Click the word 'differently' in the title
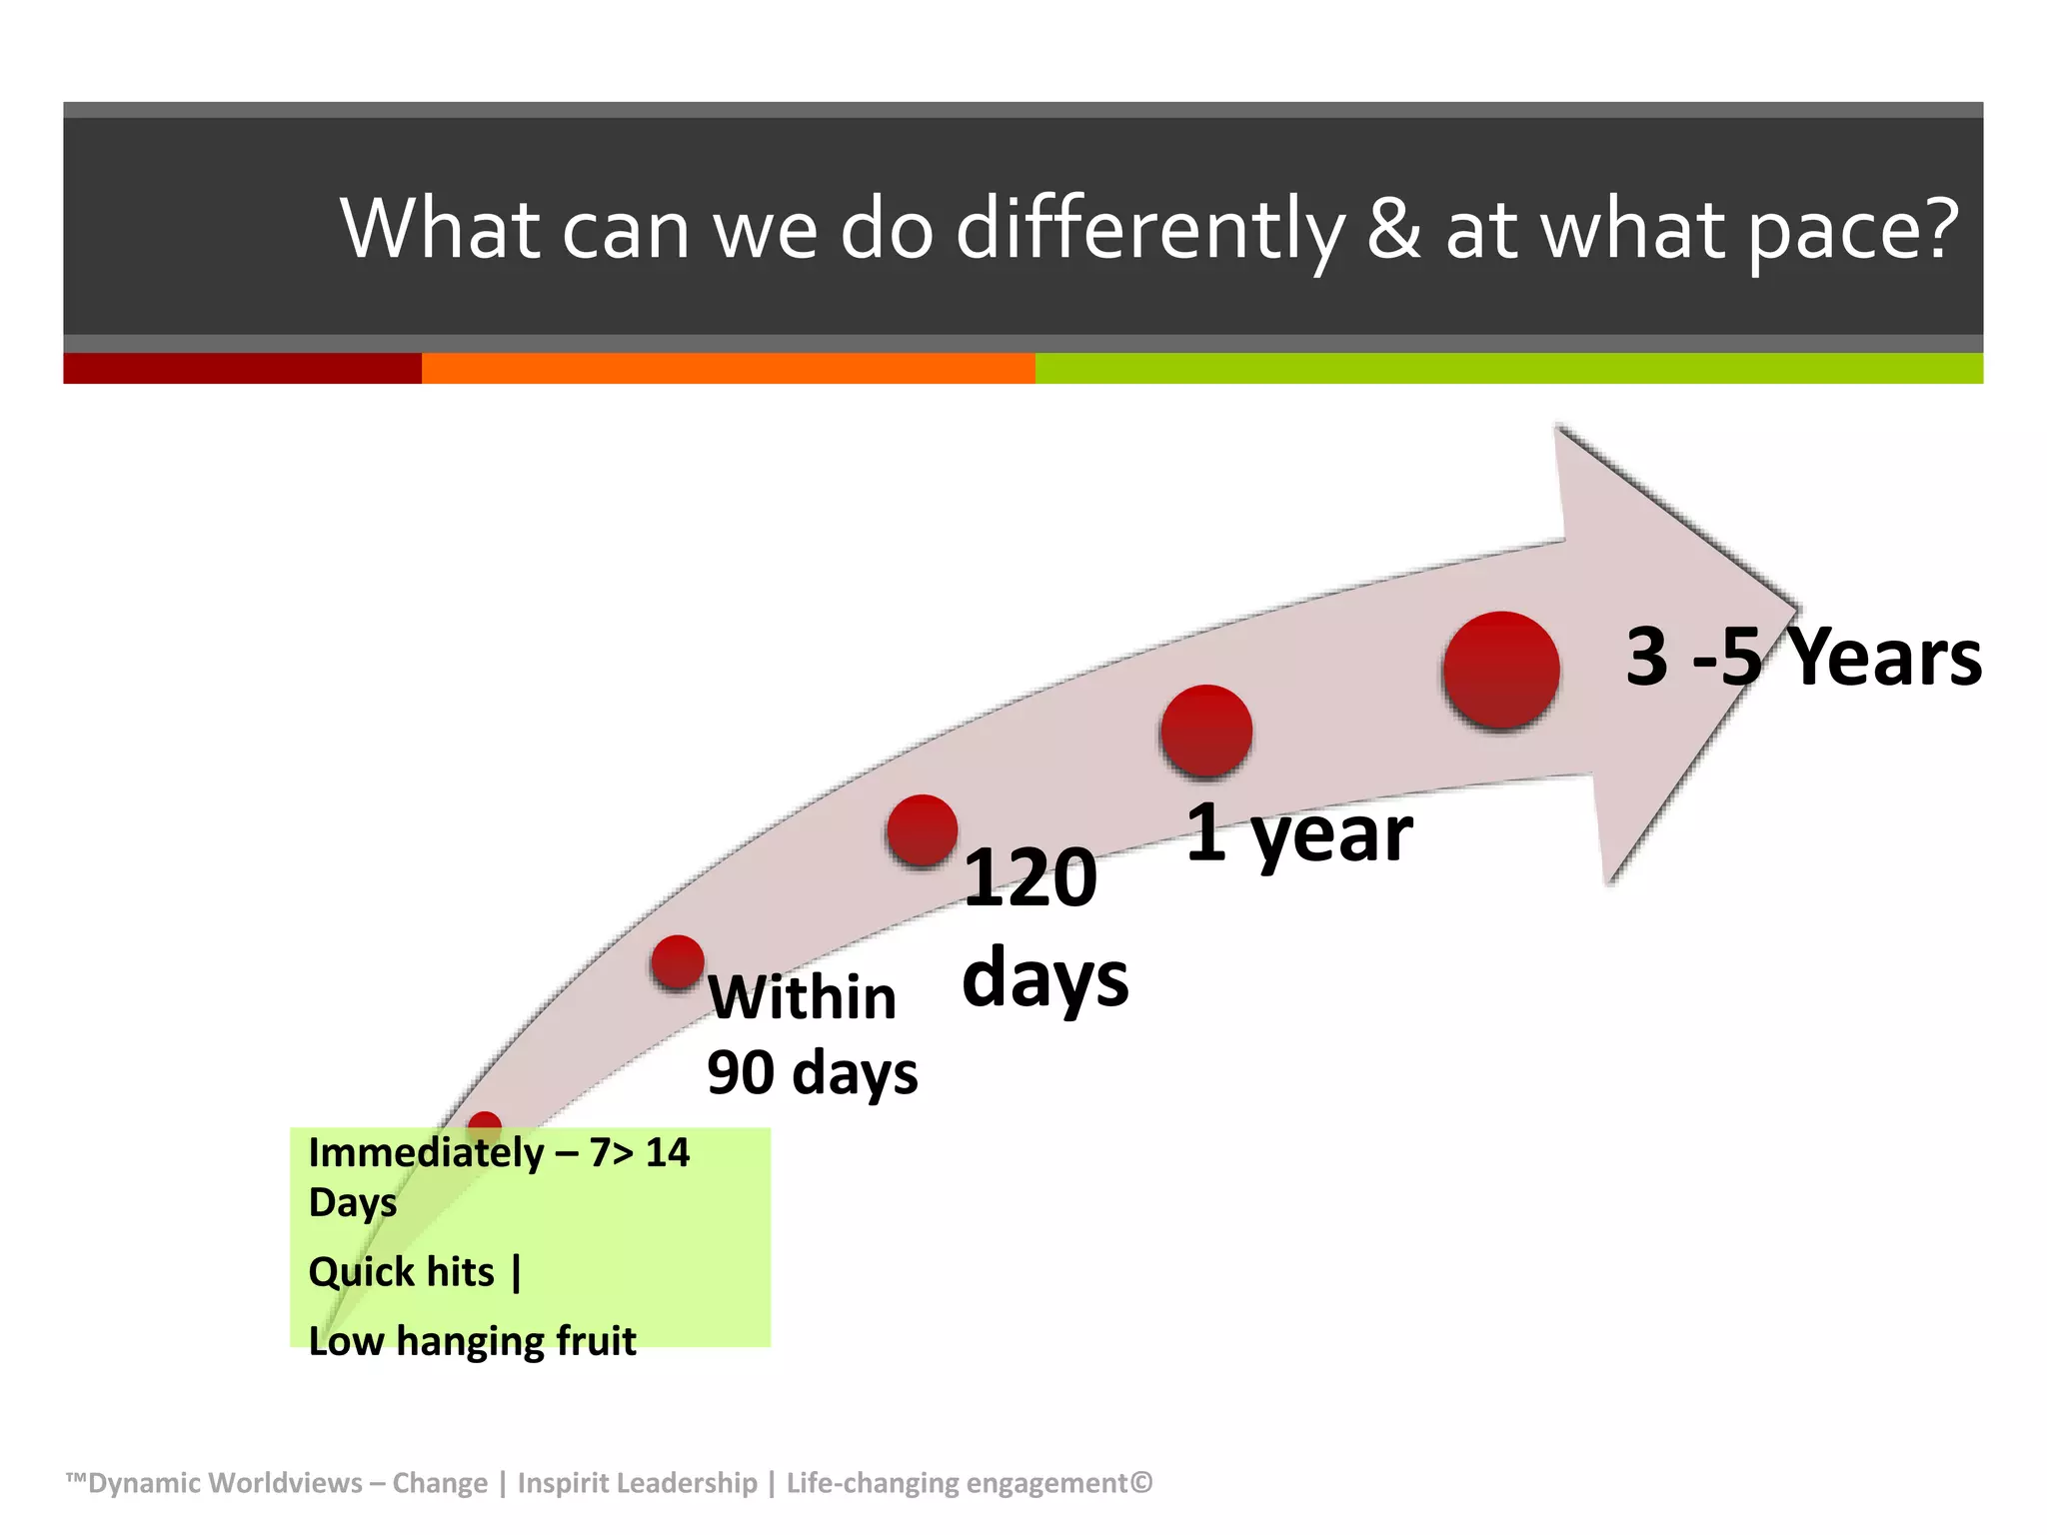(x=1149, y=230)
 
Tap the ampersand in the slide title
(x=1393, y=230)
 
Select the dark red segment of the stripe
(x=242, y=368)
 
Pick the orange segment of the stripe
(x=728, y=368)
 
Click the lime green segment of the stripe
(x=1509, y=368)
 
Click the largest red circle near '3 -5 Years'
(x=1501, y=671)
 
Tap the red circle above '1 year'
(x=1206, y=731)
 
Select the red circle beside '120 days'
(x=922, y=829)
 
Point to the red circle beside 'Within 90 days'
(x=678, y=962)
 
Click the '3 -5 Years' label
(x=1803, y=658)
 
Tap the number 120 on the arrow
(x=1029, y=877)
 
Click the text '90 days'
(x=812, y=1073)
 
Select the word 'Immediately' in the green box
(x=426, y=1153)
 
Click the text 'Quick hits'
(x=402, y=1272)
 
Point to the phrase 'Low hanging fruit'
(x=472, y=1341)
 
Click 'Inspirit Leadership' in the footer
(x=638, y=1483)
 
